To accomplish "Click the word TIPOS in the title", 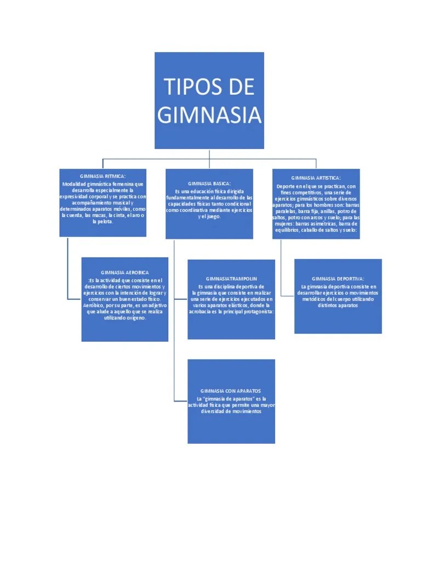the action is [x=186, y=87].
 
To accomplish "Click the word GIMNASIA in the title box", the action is [x=209, y=115].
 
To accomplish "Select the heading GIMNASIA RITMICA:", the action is [x=103, y=177].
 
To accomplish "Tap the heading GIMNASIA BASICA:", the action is [x=209, y=183].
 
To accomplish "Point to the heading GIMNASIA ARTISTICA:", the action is [x=316, y=178].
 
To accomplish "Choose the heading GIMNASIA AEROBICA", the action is [x=124, y=272].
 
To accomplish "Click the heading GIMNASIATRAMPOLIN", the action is [x=231, y=279].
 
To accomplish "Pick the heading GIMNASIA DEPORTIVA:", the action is [x=338, y=279].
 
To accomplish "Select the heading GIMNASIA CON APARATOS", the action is [x=231, y=391].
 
